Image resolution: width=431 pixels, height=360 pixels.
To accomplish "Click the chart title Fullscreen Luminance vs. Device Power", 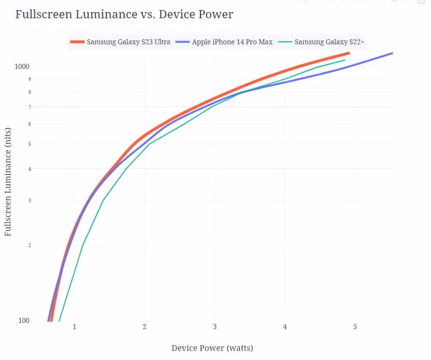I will click(x=124, y=14).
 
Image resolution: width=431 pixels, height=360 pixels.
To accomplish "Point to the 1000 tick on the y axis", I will click(x=22, y=67).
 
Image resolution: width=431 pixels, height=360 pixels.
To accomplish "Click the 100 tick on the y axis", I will click(x=24, y=321).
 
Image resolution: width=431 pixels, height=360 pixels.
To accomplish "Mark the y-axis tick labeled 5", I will click(x=30, y=144).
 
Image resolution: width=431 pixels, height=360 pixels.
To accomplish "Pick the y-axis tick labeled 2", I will click(x=30, y=246).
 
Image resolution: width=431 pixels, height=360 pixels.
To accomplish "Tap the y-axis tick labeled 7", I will click(x=30, y=107).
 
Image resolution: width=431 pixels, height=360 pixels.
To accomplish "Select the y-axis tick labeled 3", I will click(x=30, y=200).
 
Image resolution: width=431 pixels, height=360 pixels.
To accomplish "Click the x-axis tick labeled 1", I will click(x=74, y=326).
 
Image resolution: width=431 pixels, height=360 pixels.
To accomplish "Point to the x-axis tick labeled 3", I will click(x=214, y=326).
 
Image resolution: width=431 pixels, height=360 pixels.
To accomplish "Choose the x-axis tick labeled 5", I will click(x=355, y=326).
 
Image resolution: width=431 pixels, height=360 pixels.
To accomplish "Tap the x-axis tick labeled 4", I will click(x=285, y=326).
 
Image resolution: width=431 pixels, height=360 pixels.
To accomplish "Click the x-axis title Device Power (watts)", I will click(x=212, y=348).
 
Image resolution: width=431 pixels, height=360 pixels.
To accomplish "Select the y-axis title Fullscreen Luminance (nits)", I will click(x=8, y=182).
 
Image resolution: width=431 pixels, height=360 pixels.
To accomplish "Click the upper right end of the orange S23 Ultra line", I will click(x=349, y=53).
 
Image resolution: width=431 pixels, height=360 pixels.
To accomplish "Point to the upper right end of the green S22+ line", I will click(x=345, y=60).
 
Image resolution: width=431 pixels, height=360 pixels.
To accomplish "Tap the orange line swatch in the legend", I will click(x=77, y=42).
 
